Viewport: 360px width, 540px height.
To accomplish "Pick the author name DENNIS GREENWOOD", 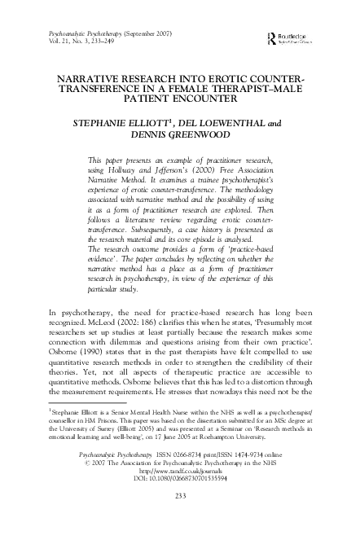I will [179, 136].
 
